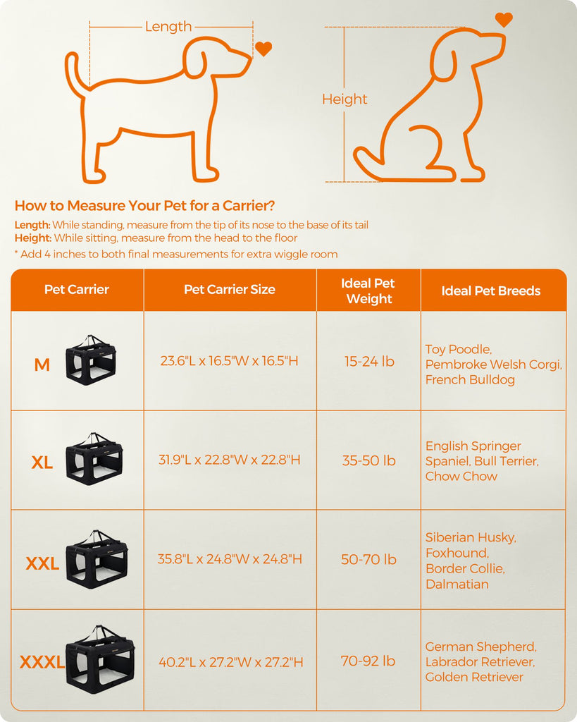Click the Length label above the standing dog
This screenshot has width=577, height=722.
(x=168, y=27)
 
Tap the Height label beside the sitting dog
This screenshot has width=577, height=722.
(x=345, y=99)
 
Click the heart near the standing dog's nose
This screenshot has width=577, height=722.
(x=263, y=49)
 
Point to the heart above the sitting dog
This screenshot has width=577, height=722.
(x=504, y=20)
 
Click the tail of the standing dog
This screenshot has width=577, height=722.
(x=73, y=73)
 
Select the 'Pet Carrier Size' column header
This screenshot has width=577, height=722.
(x=230, y=289)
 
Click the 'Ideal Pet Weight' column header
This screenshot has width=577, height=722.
(x=368, y=291)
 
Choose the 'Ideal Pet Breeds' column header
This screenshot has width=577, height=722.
(x=491, y=291)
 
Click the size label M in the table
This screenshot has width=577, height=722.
(x=42, y=365)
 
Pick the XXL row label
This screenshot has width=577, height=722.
(x=42, y=563)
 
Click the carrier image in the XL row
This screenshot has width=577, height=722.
(x=94, y=458)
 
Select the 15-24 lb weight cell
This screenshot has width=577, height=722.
(x=369, y=362)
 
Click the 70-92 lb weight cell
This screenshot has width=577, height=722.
(x=368, y=661)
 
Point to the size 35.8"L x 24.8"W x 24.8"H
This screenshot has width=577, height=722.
(x=230, y=559)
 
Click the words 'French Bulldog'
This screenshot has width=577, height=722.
(x=470, y=379)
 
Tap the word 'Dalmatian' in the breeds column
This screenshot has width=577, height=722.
(x=457, y=585)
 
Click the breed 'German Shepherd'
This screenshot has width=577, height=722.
(x=480, y=647)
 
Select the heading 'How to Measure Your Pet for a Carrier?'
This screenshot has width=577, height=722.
(x=144, y=205)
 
